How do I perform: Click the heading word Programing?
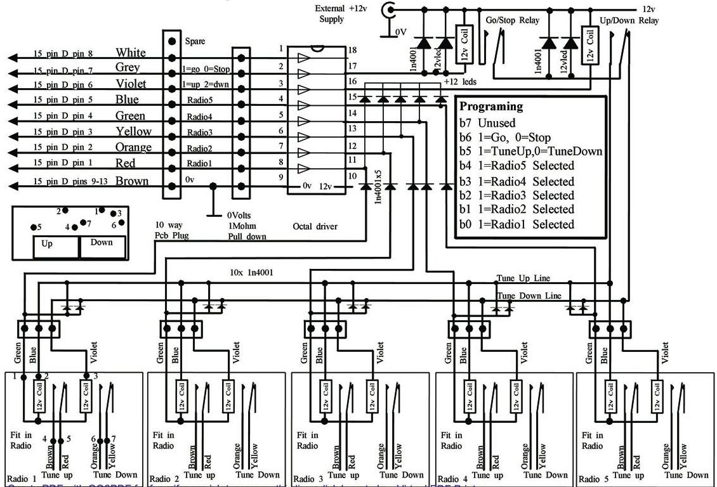point(491,107)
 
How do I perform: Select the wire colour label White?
point(131,53)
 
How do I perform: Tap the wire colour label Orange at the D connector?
point(133,148)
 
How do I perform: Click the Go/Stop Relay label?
point(512,20)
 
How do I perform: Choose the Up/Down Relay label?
point(629,20)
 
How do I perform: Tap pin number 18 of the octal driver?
point(352,50)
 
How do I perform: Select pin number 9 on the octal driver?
point(280,178)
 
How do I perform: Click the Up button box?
point(48,243)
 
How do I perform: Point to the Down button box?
point(102,243)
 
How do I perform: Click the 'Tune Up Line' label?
point(523,278)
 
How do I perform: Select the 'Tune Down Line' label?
point(529,295)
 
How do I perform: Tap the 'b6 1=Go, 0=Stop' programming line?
point(505,138)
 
